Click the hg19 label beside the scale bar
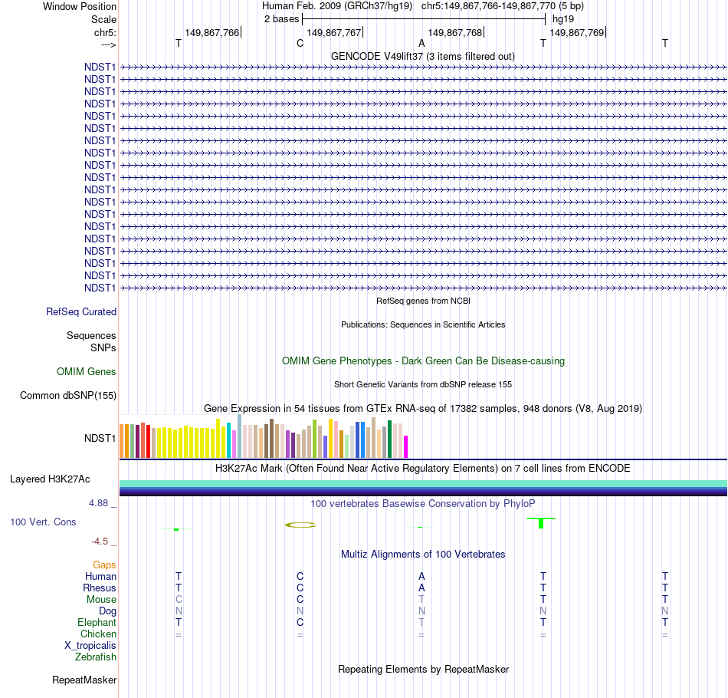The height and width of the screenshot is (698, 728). pyautogui.click(x=563, y=18)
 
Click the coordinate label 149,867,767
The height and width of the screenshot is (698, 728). pyautogui.click(x=333, y=32)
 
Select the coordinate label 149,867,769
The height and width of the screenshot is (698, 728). pyautogui.click(x=577, y=32)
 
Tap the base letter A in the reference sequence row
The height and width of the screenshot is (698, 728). pyautogui.click(x=421, y=44)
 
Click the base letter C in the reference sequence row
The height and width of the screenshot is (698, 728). pyautogui.click(x=300, y=44)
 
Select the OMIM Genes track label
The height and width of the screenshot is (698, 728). pyautogui.click(x=87, y=372)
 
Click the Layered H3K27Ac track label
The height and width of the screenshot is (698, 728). pyautogui.click(x=50, y=479)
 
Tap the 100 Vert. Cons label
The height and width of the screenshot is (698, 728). pyautogui.click(x=43, y=522)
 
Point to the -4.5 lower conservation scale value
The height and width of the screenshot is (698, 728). pyautogui.click(x=102, y=541)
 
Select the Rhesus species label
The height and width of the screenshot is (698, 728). pyautogui.click(x=100, y=588)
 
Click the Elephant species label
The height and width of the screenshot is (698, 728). pyautogui.click(x=97, y=623)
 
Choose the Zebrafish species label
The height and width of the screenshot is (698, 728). pyautogui.click(x=96, y=657)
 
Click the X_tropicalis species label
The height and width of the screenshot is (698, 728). pyautogui.click(x=90, y=646)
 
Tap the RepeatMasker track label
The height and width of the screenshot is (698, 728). pyautogui.click(x=84, y=680)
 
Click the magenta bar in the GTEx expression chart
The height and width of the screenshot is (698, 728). pyautogui.click(x=406, y=446)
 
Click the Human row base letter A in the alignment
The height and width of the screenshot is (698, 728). pyautogui.click(x=421, y=577)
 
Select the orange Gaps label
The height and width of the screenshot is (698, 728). pyautogui.click(x=104, y=565)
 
